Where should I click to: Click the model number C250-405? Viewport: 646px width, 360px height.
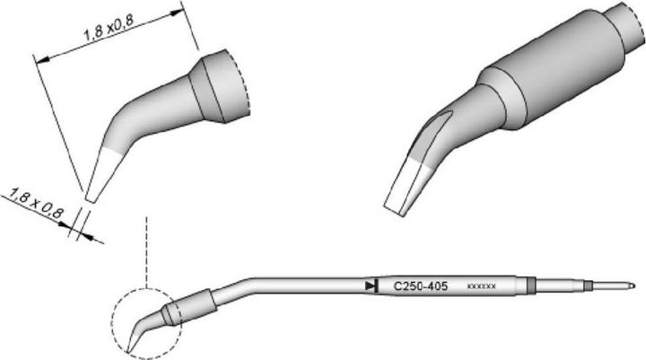point(422,286)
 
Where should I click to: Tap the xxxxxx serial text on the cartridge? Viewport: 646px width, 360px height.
point(483,287)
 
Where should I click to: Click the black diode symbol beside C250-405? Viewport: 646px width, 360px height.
point(371,286)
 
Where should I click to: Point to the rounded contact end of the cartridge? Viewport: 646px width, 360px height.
point(632,287)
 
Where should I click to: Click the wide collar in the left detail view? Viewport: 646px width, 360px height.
point(220,88)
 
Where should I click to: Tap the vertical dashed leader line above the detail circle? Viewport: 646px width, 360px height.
point(144,251)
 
